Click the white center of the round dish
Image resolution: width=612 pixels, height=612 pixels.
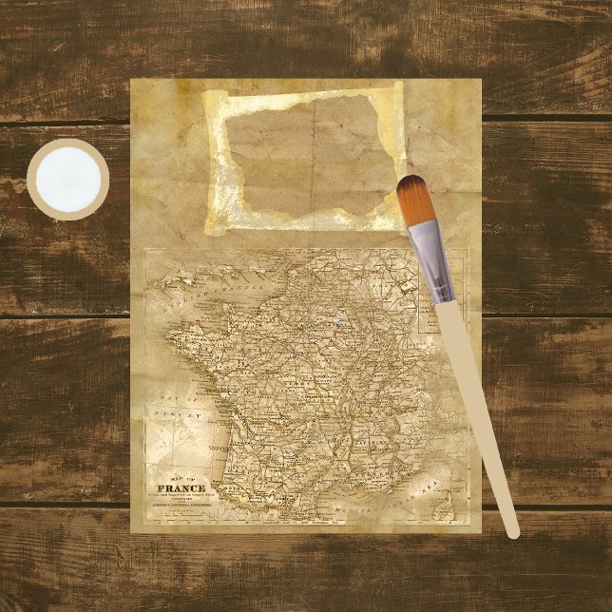67,179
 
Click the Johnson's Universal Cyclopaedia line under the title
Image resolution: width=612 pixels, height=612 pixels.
180,508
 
